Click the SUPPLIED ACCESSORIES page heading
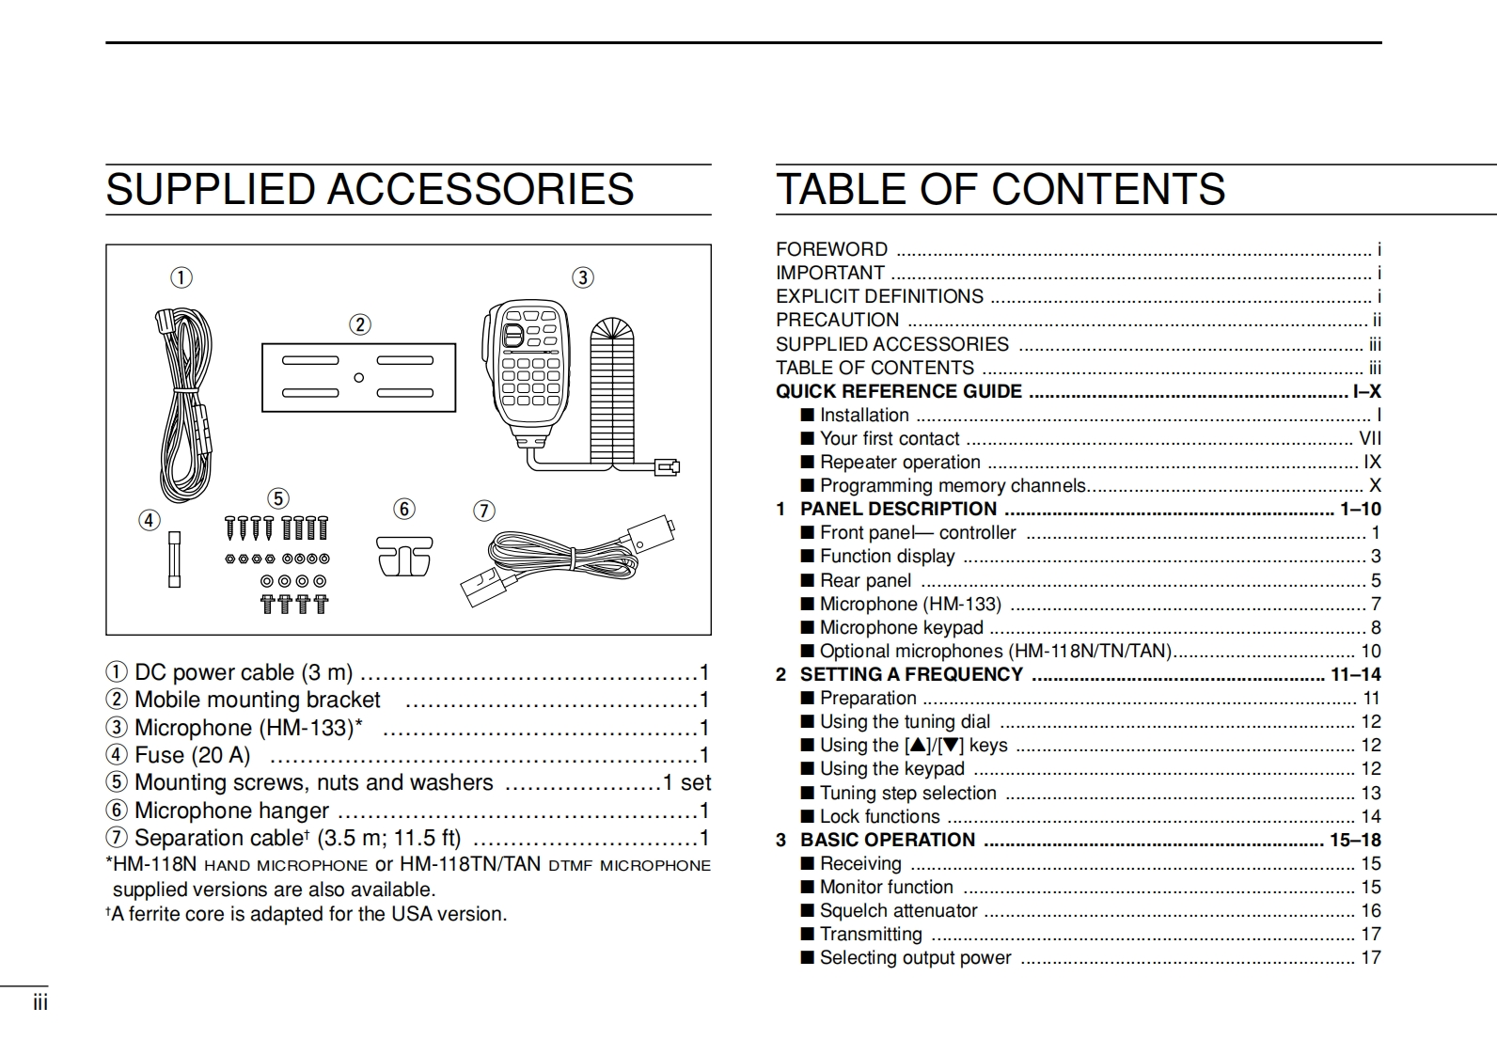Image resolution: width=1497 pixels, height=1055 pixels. coord(370,189)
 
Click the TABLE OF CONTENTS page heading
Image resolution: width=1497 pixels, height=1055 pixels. coord(1000,189)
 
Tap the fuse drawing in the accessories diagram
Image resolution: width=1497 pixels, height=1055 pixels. coord(174,559)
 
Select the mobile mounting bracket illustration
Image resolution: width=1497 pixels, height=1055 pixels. coord(358,377)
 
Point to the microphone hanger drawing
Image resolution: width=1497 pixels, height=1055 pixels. coord(404,556)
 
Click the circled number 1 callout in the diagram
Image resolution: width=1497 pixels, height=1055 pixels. coord(181,277)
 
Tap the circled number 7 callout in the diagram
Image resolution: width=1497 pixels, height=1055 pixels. coord(483,511)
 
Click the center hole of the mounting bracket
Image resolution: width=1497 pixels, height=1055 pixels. coord(358,378)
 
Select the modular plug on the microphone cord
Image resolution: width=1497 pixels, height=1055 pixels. coord(668,465)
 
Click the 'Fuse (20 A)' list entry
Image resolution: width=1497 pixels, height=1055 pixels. coord(193,755)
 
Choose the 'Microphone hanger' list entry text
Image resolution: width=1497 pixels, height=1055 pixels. coord(231,811)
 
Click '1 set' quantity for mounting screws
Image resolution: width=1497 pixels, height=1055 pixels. coord(686,782)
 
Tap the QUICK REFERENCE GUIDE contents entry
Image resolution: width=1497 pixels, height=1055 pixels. coord(898,391)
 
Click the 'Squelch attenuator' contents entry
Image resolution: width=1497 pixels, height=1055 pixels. coord(898,910)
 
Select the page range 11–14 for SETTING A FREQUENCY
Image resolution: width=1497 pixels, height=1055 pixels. coord(1356,674)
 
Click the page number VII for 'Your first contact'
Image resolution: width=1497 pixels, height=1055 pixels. coord(1370,438)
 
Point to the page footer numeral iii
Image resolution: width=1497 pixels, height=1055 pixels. coord(39,1002)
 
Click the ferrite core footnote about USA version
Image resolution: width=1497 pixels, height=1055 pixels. coord(307,914)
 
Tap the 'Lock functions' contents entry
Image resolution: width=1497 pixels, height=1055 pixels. coord(879,816)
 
